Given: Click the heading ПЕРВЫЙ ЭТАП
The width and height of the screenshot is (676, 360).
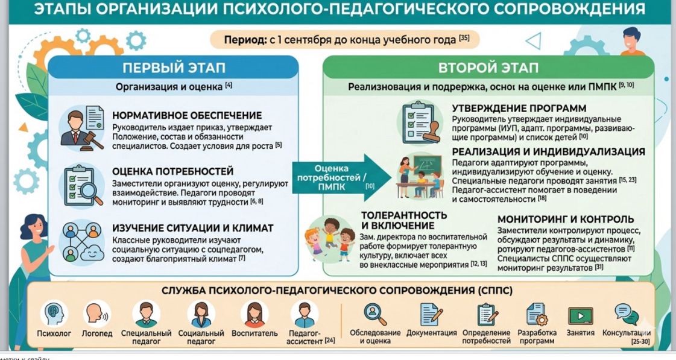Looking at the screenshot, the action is tap(174, 68).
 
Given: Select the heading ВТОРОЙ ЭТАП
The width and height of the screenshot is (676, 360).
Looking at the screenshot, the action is tap(488, 68).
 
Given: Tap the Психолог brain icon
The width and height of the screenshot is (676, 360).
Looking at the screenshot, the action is tap(54, 314).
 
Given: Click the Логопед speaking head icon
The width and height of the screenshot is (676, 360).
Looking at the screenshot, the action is tap(97, 314).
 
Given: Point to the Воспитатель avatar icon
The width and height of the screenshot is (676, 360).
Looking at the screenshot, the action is tap(254, 314).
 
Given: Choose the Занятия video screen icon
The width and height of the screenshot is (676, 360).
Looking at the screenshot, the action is tap(580, 315).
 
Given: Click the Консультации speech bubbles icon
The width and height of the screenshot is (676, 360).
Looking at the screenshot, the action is tap(627, 314).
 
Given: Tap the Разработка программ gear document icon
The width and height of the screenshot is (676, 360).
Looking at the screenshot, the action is tap(537, 314).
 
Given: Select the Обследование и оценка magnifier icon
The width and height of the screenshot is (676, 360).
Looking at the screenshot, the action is tap(374, 314).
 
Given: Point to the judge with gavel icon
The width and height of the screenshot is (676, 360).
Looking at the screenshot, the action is tap(82, 128).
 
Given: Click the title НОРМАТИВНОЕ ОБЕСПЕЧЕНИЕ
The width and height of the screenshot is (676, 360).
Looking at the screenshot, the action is tap(187, 116).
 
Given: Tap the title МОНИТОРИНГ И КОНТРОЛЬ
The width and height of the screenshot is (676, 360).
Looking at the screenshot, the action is tap(566, 219).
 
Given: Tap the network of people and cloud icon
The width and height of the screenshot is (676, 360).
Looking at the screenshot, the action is tap(82, 242).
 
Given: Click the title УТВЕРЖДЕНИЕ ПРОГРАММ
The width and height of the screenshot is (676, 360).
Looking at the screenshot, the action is tap(519, 108).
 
